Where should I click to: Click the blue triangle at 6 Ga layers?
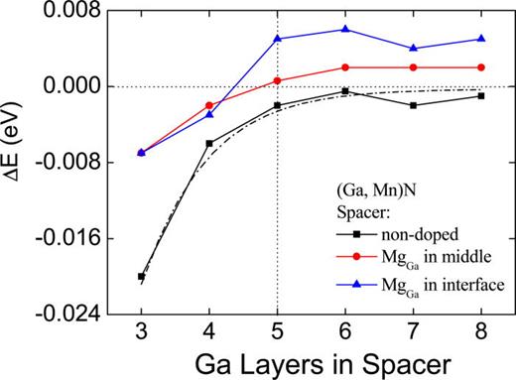[x=344, y=29]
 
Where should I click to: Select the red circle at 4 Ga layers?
[x=208, y=105]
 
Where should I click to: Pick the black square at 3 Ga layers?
[x=141, y=277]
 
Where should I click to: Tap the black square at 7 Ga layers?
[x=413, y=105]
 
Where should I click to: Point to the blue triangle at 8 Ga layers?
[x=481, y=39]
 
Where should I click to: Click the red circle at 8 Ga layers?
[x=481, y=67]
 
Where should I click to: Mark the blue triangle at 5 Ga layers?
[x=277, y=39]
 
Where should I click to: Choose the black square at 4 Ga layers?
[x=208, y=143]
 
